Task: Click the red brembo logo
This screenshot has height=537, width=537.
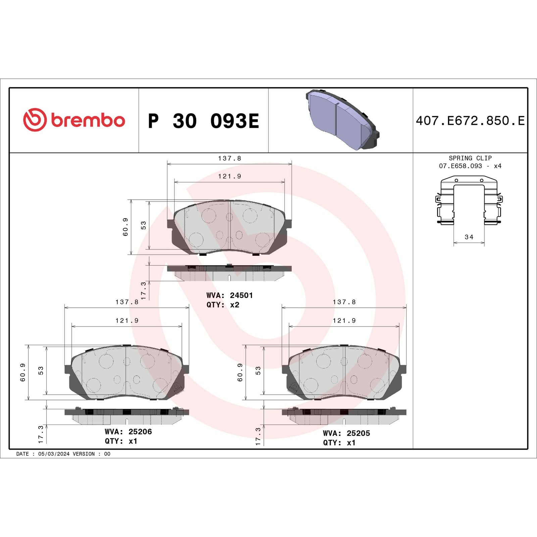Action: pyautogui.click(x=74, y=120)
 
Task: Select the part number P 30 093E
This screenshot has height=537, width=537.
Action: pyautogui.click(x=203, y=121)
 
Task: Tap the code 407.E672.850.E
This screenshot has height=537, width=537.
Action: pyautogui.click(x=470, y=121)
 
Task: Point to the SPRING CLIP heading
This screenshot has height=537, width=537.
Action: pyautogui.click(x=470, y=158)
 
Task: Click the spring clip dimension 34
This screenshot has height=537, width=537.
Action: pyautogui.click(x=469, y=237)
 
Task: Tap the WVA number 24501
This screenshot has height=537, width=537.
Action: pyautogui.click(x=241, y=295)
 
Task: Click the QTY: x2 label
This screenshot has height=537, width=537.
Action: pyautogui.click(x=223, y=305)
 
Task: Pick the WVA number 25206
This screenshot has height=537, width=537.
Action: pyautogui.click(x=140, y=432)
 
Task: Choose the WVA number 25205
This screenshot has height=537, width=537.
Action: pyautogui.click(x=358, y=433)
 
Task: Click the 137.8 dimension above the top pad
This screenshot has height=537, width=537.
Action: pyautogui.click(x=230, y=158)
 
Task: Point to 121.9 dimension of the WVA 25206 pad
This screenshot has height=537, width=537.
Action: pyautogui.click(x=127, y=321)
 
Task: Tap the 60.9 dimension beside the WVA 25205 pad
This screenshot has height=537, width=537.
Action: pyautogui.click(x=240, y=373)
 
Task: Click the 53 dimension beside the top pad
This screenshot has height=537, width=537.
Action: pyautogui.click(x=144, y=225)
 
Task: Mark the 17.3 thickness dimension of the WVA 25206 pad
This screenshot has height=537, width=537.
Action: pyautogui.click(x=41, y=434)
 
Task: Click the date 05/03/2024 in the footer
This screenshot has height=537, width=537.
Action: pyautogui.click(x=54, y=454)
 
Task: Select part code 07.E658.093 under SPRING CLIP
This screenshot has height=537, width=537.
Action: pyautogui.click(x=460, y=166)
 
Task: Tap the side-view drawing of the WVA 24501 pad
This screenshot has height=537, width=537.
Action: pyautogui.click(x=229, y=273)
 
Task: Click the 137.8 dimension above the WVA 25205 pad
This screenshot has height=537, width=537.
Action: pyautogui.click(x=344, y=302)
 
